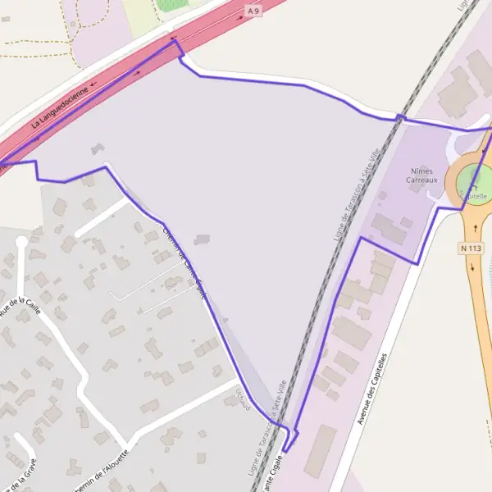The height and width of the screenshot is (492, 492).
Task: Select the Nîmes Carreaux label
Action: click(422, 175)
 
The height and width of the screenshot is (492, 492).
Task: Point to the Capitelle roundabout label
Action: click(473, 197)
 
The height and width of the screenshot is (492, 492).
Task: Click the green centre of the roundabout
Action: click(474, 181)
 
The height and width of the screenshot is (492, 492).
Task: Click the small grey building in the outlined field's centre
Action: click(202, 239)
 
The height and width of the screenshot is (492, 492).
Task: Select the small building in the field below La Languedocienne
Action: click(98, 148)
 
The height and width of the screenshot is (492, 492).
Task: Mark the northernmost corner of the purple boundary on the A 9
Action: click(173, 39)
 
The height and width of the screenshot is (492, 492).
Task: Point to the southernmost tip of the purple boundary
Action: click(285, 451)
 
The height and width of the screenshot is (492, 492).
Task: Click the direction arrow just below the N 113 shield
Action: click(473, 266)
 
